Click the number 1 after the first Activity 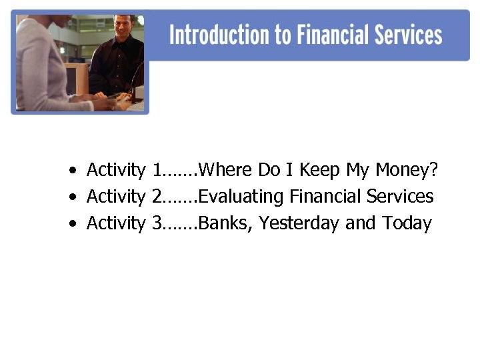tap(156, 170)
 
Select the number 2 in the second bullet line tap(156, 197)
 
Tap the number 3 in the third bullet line tap(156, 223)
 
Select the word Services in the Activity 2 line tap(399, 197)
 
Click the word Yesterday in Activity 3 tap(299, 224)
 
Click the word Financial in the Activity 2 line tap(324, 197)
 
